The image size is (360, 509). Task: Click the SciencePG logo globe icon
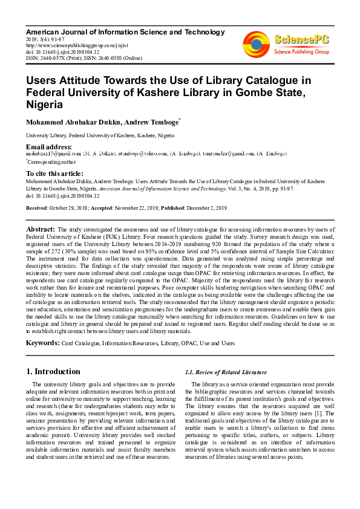pos(256,43)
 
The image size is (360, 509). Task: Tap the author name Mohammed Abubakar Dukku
pos(73,123)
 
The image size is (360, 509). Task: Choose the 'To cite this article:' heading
pos(55,173)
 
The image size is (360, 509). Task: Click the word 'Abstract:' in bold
pos(40,230)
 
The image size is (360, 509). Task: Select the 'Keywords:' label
pos(42,343)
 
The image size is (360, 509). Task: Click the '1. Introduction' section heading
pos(54,371)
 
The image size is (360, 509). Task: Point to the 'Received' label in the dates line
pos(37,208)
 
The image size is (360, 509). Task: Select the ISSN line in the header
pos(83,58)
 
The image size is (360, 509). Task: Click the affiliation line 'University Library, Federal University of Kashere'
pos(100,136)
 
